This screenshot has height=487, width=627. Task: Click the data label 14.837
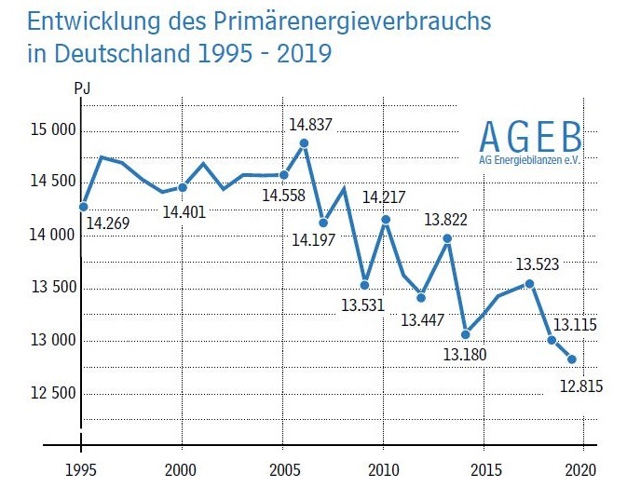(311, 124)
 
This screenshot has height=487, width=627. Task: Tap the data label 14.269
(109, 223)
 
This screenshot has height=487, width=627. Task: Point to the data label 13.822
(445, 220)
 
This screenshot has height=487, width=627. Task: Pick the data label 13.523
(529, 264)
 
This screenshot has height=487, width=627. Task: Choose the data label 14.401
(184, 211)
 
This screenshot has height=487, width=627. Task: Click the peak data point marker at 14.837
(304, 143)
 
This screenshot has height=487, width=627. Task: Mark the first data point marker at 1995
(84, 206)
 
